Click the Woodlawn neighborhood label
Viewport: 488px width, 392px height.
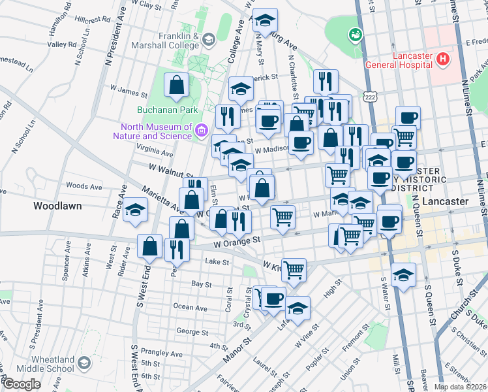coord(57,206)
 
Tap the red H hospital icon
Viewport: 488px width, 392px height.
coord(443,59)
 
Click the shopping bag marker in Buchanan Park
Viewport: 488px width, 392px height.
coord(177,85)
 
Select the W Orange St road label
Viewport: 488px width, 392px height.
coord(237,241)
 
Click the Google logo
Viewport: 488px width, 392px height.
coord(21,384)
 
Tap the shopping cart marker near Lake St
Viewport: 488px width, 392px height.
coord(294,269)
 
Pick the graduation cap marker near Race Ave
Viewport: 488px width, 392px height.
coord(135,210)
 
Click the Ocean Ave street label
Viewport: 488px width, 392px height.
coord(191,307)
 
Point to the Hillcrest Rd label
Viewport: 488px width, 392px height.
coord(92,20)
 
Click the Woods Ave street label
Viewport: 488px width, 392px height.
coord(84,186)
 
